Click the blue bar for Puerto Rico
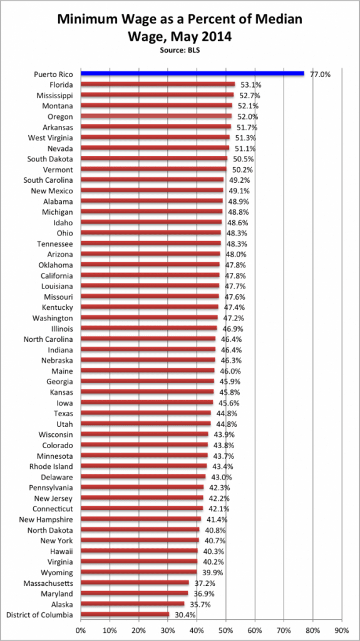192,74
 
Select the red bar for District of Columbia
125,614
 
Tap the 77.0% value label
320,74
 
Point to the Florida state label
61,85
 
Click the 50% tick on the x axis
225,628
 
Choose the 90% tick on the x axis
342,628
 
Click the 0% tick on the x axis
80,628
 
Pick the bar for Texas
146,413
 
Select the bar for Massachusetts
134,582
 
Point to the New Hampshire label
46,519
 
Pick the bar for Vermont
153,169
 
